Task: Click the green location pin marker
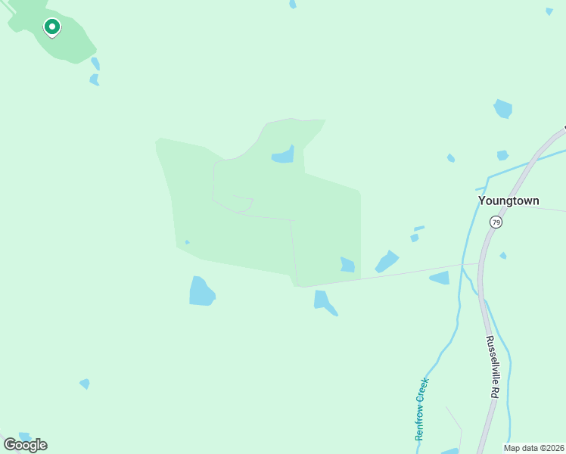[x=51, y=27]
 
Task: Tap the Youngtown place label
[x=508, y=201]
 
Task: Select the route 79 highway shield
[x=496, y=222]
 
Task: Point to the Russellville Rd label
[x=492, y=367]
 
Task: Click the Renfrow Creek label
[x=421, y=409]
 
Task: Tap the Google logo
[x=25, y=445]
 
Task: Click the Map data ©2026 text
[x=533, y=448]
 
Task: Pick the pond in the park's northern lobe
[x=283, y=155]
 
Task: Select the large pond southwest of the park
[x=201, y=291]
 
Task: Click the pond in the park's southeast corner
[x=347, y=265]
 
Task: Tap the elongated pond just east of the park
[x=387, y=262]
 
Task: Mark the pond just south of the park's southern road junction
[x=324, y=301]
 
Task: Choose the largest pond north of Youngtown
[x=503, y=109]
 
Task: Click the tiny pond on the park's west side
[x=187, y=242]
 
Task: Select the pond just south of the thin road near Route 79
[x=440, y=278]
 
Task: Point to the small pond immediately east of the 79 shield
[x=503, y=256]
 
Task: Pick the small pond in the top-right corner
[x=549, y=11]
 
